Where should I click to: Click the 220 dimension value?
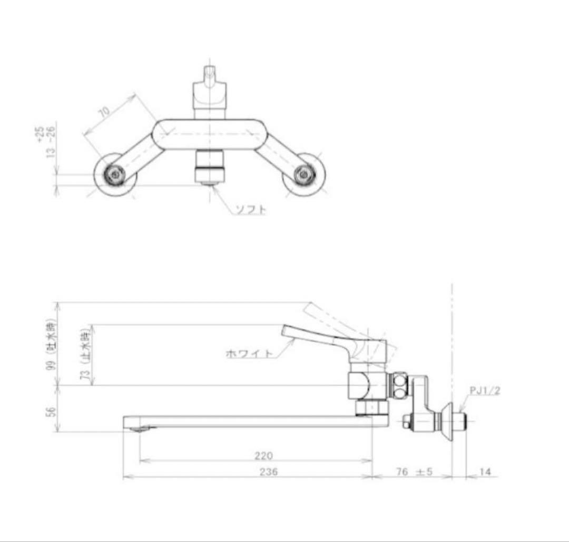coord(263,456)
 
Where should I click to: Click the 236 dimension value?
coord(269,472)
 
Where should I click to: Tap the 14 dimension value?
coord(485,472)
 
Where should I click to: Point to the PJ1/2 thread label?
coord(485,390)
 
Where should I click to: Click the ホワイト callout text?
coord(249,354)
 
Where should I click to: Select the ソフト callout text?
coord(250,210)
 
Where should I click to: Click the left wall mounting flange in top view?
coord(115,175)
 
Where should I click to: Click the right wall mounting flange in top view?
coord(304,175)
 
